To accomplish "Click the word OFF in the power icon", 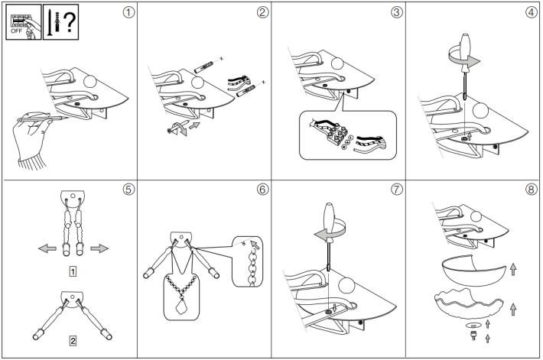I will pyautogui.click(x=16, y=32).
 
